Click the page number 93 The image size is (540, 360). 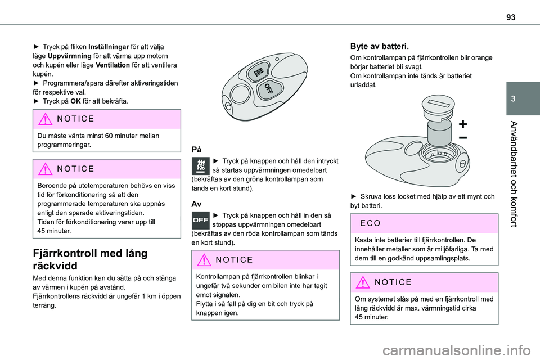point(511,17)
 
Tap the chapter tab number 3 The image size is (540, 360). point(513,99)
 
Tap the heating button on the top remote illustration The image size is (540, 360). point(258,71)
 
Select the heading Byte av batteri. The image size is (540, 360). point(379,46)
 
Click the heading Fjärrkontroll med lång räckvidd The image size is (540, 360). point(90,259)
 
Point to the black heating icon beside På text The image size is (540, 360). point(200,166)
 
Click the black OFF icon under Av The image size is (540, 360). point(200,220)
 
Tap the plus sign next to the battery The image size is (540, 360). point(463,124)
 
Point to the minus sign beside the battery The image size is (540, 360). point(463,138)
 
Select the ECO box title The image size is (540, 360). point(370,223)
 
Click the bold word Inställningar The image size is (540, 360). point(109,47)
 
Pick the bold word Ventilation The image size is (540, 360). point(113,65)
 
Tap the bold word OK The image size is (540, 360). point(75,101)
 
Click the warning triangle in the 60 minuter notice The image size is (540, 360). point(45,119)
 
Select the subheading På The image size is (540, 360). point(196,150)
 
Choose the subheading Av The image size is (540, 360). point(196,204)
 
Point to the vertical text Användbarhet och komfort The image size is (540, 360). point(514,174)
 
